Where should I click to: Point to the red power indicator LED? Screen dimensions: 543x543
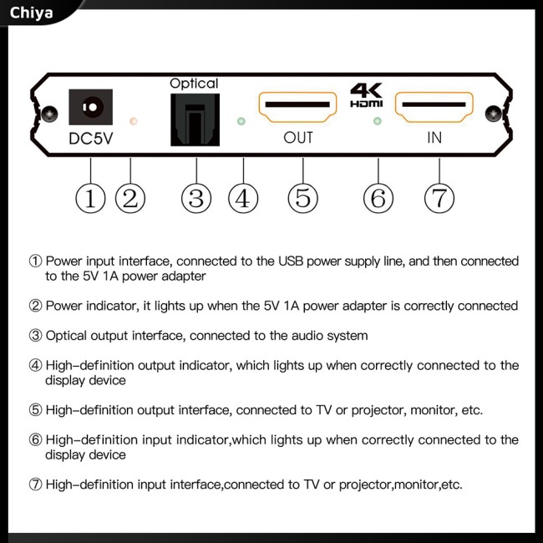tap(133, 122)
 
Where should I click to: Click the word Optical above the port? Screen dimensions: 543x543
tap(193, 84)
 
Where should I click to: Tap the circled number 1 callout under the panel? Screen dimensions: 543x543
tap(90, 198)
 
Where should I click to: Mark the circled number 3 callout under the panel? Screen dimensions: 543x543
tap(195, 198)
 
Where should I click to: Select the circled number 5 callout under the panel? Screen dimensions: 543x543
tap(302, 198)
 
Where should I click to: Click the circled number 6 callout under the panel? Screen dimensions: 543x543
tap(378, 198)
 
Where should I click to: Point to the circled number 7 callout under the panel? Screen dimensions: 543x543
tap(439, 198)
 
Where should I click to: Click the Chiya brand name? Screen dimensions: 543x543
tap(32, 13)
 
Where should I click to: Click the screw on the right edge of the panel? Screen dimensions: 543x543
tap(502, 113)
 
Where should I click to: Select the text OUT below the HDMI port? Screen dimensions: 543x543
tap(298, 138)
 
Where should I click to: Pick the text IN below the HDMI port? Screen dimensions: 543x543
tap(434, 138)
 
